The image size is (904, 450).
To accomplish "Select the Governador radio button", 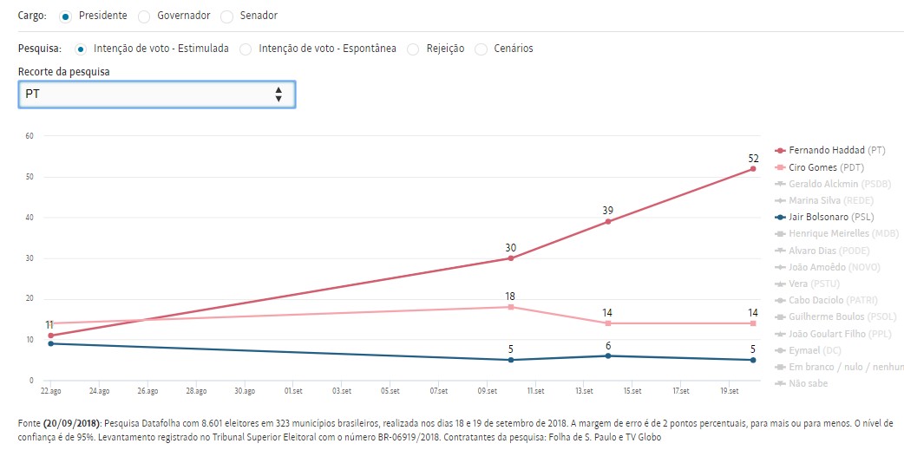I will pos(144,16).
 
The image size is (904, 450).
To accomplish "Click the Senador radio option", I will pos(227,16).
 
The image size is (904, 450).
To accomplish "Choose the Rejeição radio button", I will pos(413,49).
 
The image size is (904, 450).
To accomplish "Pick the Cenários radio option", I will pos(481,49).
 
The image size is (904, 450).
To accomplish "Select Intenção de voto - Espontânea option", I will pos(246,49).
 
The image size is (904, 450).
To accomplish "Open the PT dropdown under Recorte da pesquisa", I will pos(157,95).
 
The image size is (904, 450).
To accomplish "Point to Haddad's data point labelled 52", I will pos(753,168).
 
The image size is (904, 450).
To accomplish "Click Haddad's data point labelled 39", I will pos(608,221).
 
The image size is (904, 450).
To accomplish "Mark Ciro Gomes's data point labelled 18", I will pos(511,307).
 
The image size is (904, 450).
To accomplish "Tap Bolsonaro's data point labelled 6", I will pos(608,355).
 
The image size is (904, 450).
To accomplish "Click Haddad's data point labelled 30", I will pos(511,258).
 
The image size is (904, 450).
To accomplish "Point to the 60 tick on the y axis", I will pos(29,135).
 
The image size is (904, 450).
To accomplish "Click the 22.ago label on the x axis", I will pos(51,391).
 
